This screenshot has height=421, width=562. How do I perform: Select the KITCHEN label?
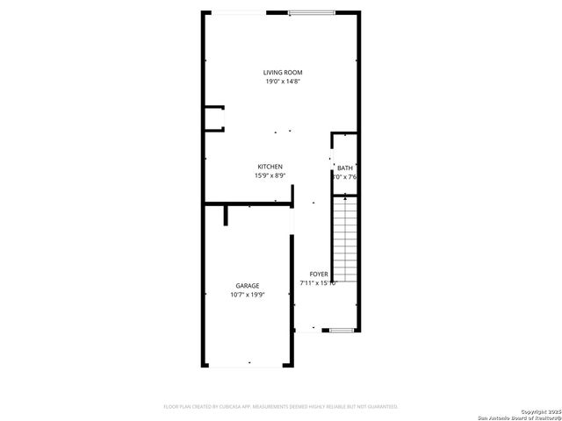tap(270, 167)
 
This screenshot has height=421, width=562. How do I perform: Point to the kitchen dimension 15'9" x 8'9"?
tap(270, 176)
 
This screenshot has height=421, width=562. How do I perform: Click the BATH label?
tap(345, 168)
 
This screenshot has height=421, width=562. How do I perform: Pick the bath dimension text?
tap(345, 177)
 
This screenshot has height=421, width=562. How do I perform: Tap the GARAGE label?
tap(247, 286)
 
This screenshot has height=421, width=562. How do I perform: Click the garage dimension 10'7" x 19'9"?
tap(247, 296)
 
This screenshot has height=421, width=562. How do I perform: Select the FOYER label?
tap(319, 274)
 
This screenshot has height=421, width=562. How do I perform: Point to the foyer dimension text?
tap(319, 283)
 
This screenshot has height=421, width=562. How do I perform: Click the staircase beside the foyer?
tap(346, 239)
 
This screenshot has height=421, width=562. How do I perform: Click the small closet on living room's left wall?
tap(213, 118)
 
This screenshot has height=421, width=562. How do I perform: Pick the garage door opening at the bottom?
tap(249, 365)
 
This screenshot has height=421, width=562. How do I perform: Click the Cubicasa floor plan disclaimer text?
tap(281, 407)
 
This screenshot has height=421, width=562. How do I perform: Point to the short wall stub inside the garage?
tap(226, 215)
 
